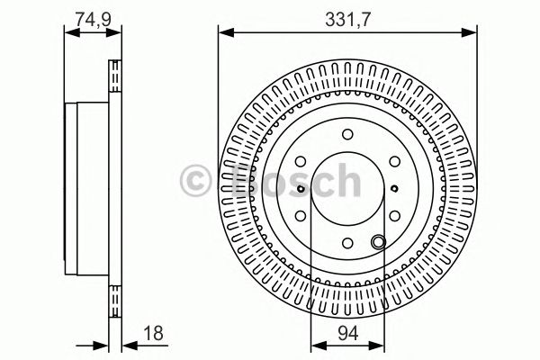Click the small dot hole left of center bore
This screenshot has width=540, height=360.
pyautogui.click(x=300, y=189)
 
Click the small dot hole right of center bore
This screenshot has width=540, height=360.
pyautogui.click(x=395, y=189)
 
